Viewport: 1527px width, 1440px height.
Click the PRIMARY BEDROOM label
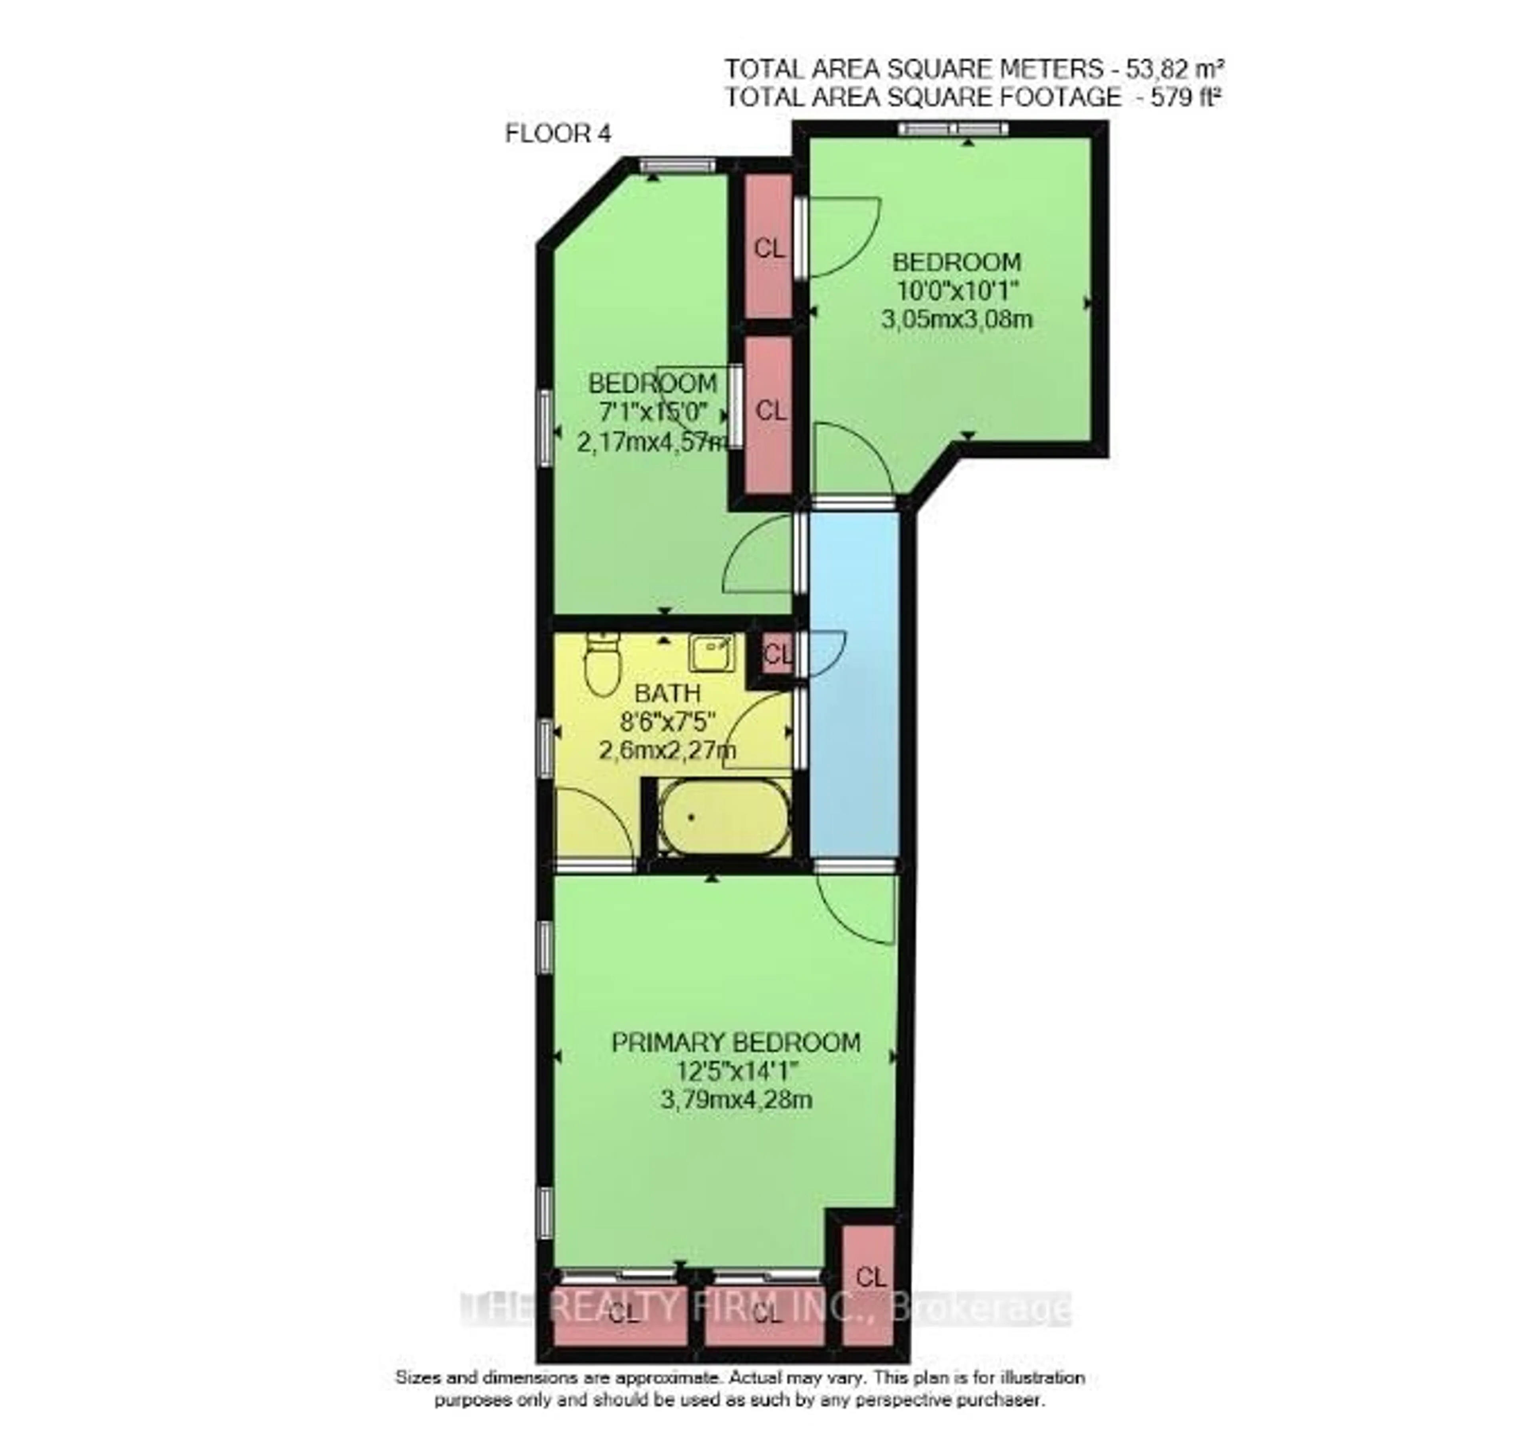[736, 1043]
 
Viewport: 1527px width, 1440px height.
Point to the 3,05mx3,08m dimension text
[956, 318]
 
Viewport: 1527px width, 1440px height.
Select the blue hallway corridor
[854, 684]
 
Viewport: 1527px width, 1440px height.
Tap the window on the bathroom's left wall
[545, 747]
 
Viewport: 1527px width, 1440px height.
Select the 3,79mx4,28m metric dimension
[736, 1099]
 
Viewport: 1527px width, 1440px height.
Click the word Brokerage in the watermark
[979, 1309]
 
